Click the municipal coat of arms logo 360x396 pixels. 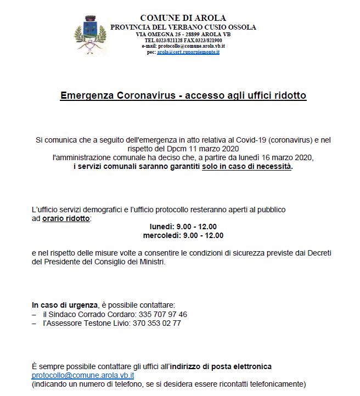91,36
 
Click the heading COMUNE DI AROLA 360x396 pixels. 183,18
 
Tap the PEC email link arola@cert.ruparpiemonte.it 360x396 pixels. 188,52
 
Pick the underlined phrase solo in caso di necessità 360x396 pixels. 247,166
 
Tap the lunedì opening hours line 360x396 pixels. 183,227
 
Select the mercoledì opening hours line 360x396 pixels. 183,235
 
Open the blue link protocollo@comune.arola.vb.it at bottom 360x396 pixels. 83,375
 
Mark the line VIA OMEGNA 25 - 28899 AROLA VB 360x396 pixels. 183,34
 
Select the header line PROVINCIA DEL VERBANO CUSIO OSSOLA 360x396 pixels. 183,27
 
